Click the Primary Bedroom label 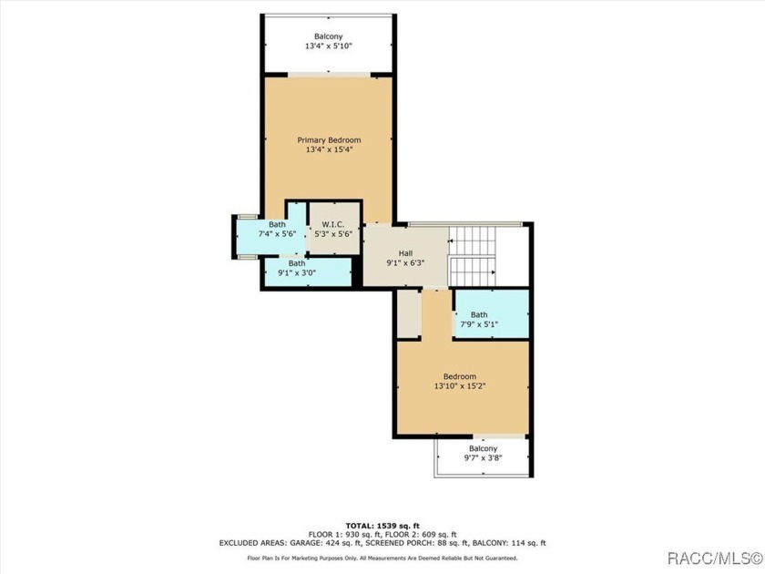click(x=330, y=140)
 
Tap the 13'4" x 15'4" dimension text click(x=330, y=149)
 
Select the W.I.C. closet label click(x=332, y=224)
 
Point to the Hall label click(x=405, y=253)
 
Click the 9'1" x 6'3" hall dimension click(x=405, y=262)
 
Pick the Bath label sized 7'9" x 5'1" click(x=479, y=315)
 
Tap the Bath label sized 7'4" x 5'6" click(x=277, y=224)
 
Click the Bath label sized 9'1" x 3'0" click(x=297, y=263)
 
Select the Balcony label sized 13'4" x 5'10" click(x=329, y=36)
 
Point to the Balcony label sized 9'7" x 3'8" click(x=483, y=448)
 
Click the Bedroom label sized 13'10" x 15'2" click(x=460, y=376)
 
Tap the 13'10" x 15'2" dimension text click(x=460, y=386)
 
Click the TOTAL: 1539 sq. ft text click(x=382, y=526)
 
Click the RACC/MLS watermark click(x=714, y=558)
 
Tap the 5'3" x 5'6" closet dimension click(x=332, y=234)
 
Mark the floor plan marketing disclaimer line click(x=382, y=559)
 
